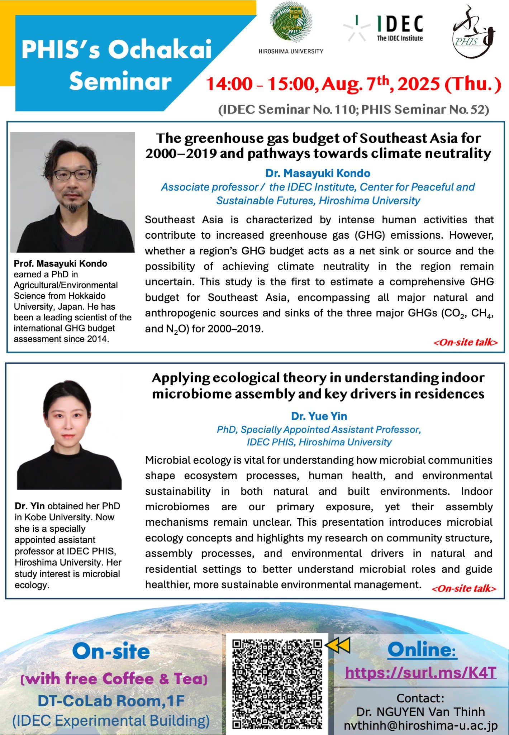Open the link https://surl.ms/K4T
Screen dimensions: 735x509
(420, 673)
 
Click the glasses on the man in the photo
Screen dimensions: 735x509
(72, 175)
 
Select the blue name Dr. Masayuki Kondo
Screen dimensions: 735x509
(318, 173)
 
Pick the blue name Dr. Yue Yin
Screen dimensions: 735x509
(319, 416)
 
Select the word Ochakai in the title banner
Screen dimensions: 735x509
(160, 50)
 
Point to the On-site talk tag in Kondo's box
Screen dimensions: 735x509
(465, 342)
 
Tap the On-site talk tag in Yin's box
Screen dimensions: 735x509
(464, 588)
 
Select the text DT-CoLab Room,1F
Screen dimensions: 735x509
(111, 701)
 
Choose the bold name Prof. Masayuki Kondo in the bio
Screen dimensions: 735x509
(60, 264)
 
